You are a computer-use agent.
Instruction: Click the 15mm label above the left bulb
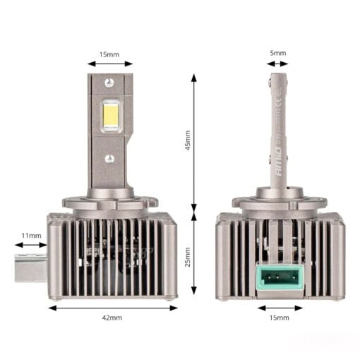point(109,53)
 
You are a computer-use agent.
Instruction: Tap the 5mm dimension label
point(279,53)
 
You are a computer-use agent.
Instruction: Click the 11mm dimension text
point(31,234)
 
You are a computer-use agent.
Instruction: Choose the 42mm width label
point(112,318)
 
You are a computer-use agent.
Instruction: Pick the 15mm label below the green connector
point(280,318)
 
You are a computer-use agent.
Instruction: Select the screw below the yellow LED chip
point(109,158)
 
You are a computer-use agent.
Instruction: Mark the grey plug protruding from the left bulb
point(31,265)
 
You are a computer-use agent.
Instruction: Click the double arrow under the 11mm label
point(31,246)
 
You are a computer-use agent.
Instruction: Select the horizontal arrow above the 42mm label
point(113,307)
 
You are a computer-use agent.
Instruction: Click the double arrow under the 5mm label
point(279,64)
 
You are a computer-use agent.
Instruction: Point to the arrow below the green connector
point(280,307)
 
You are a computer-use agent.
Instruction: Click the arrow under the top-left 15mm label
point(109,64)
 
